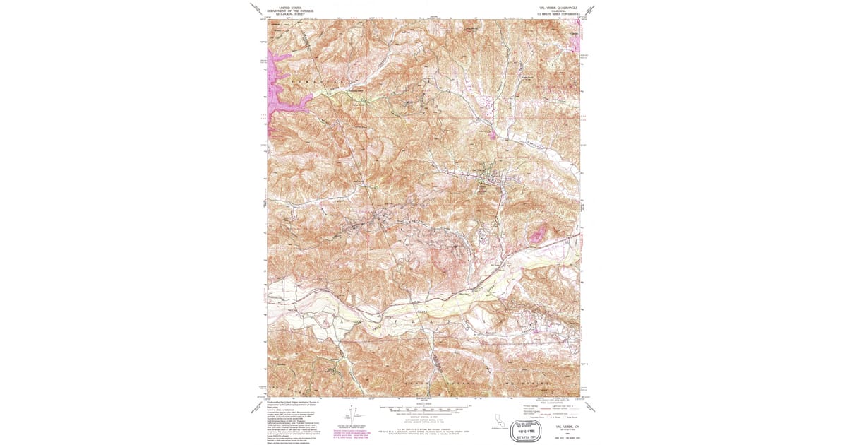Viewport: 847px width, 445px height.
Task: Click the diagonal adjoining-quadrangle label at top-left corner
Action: (x=256, y=8)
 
